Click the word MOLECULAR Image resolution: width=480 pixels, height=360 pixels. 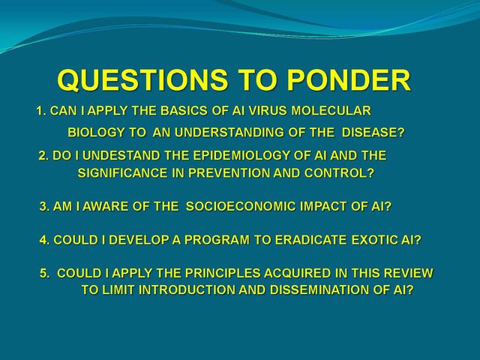(331, 110)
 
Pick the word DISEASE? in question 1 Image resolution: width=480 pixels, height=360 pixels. (373, 133)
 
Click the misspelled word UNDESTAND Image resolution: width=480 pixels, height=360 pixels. (121, 155)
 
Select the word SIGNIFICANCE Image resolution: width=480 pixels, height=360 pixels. (122, 173)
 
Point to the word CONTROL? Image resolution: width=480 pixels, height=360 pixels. (340, 173)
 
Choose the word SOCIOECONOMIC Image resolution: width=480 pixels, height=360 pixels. (241, 206)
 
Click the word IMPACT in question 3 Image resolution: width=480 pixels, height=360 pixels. (324, 206)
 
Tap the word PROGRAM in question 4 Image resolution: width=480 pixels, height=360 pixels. (217, 240)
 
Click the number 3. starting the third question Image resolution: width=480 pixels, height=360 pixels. (44, 207)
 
